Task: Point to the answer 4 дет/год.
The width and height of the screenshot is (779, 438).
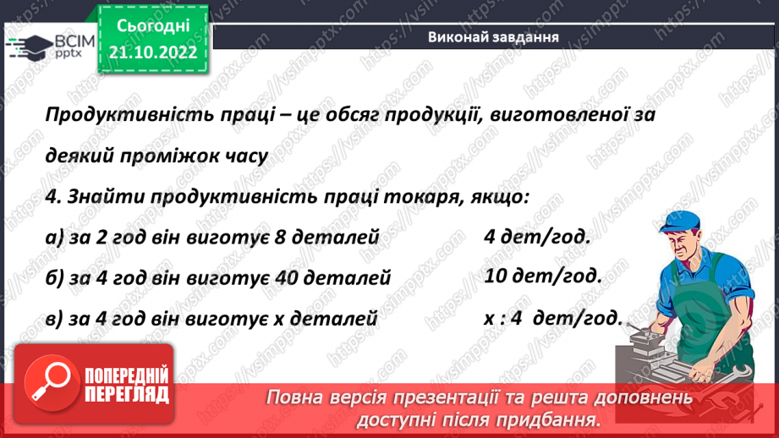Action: pyautogui.click(x=536, y=237)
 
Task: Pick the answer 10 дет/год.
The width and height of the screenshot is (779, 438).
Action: pyautogui.click(x=543, y=276)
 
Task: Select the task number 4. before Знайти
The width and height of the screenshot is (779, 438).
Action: pyautogui.click(x=51, y=198)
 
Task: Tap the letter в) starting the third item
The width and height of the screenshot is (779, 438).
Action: pyautogui.click(x=55, y=319)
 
